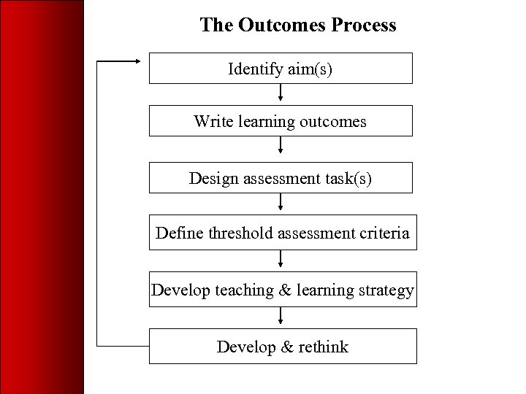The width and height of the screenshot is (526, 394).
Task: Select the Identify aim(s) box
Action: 281,69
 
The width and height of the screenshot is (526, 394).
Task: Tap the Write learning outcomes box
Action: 281,121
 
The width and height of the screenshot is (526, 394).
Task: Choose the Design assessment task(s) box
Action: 281,177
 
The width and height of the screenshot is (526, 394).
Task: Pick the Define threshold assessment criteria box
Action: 283,233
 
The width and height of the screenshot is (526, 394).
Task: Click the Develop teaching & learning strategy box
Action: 283,290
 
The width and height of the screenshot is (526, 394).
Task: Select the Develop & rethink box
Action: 283,347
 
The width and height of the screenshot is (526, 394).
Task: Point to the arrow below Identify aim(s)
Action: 281,94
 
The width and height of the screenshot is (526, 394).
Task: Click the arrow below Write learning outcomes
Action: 281,148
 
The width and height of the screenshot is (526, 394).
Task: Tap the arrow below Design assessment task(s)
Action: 281,203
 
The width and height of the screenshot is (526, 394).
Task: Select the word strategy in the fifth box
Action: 386,290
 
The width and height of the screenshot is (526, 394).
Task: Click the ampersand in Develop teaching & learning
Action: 285,290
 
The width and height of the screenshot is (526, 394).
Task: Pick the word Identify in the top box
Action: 252,69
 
